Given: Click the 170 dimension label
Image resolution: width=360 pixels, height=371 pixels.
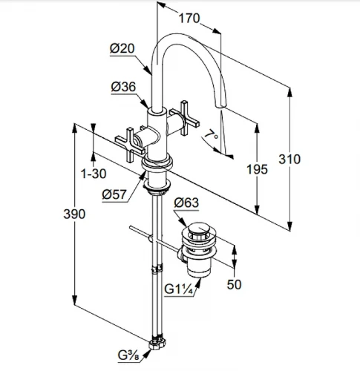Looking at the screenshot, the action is pos(189,19).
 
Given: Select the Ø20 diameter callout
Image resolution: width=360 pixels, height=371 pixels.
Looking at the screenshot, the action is pos(122,48).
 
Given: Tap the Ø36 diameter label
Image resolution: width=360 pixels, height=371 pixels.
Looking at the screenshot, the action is pos(123,87).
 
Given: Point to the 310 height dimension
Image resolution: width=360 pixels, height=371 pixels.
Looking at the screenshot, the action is pos(289,159).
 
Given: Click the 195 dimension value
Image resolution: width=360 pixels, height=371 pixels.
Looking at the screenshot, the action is pos(257,169).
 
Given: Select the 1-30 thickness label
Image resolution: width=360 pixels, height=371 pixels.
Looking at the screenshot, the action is pos(94,174).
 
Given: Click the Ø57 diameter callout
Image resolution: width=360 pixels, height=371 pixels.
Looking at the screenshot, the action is pos(114,194).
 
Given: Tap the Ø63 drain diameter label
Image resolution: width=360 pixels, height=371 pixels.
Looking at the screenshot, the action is pos(186,203).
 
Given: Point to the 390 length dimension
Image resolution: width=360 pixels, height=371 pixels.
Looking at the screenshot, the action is pos(74,214).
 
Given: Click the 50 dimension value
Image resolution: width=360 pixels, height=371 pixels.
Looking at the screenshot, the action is pos(234,284).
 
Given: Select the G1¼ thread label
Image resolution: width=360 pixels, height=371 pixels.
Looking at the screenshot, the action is pos(178,289).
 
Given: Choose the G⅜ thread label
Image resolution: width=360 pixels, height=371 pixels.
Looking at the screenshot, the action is pos(128,356).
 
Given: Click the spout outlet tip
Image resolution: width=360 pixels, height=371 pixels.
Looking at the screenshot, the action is pos(221,106).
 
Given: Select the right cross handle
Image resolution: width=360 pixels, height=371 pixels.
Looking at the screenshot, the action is pos(184,118).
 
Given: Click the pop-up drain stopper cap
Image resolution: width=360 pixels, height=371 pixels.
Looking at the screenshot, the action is pos(199,229).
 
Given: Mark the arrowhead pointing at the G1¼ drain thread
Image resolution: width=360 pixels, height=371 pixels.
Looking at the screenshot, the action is pos(198,283).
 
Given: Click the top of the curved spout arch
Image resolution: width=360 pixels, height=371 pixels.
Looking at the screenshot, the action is pos(178,35).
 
